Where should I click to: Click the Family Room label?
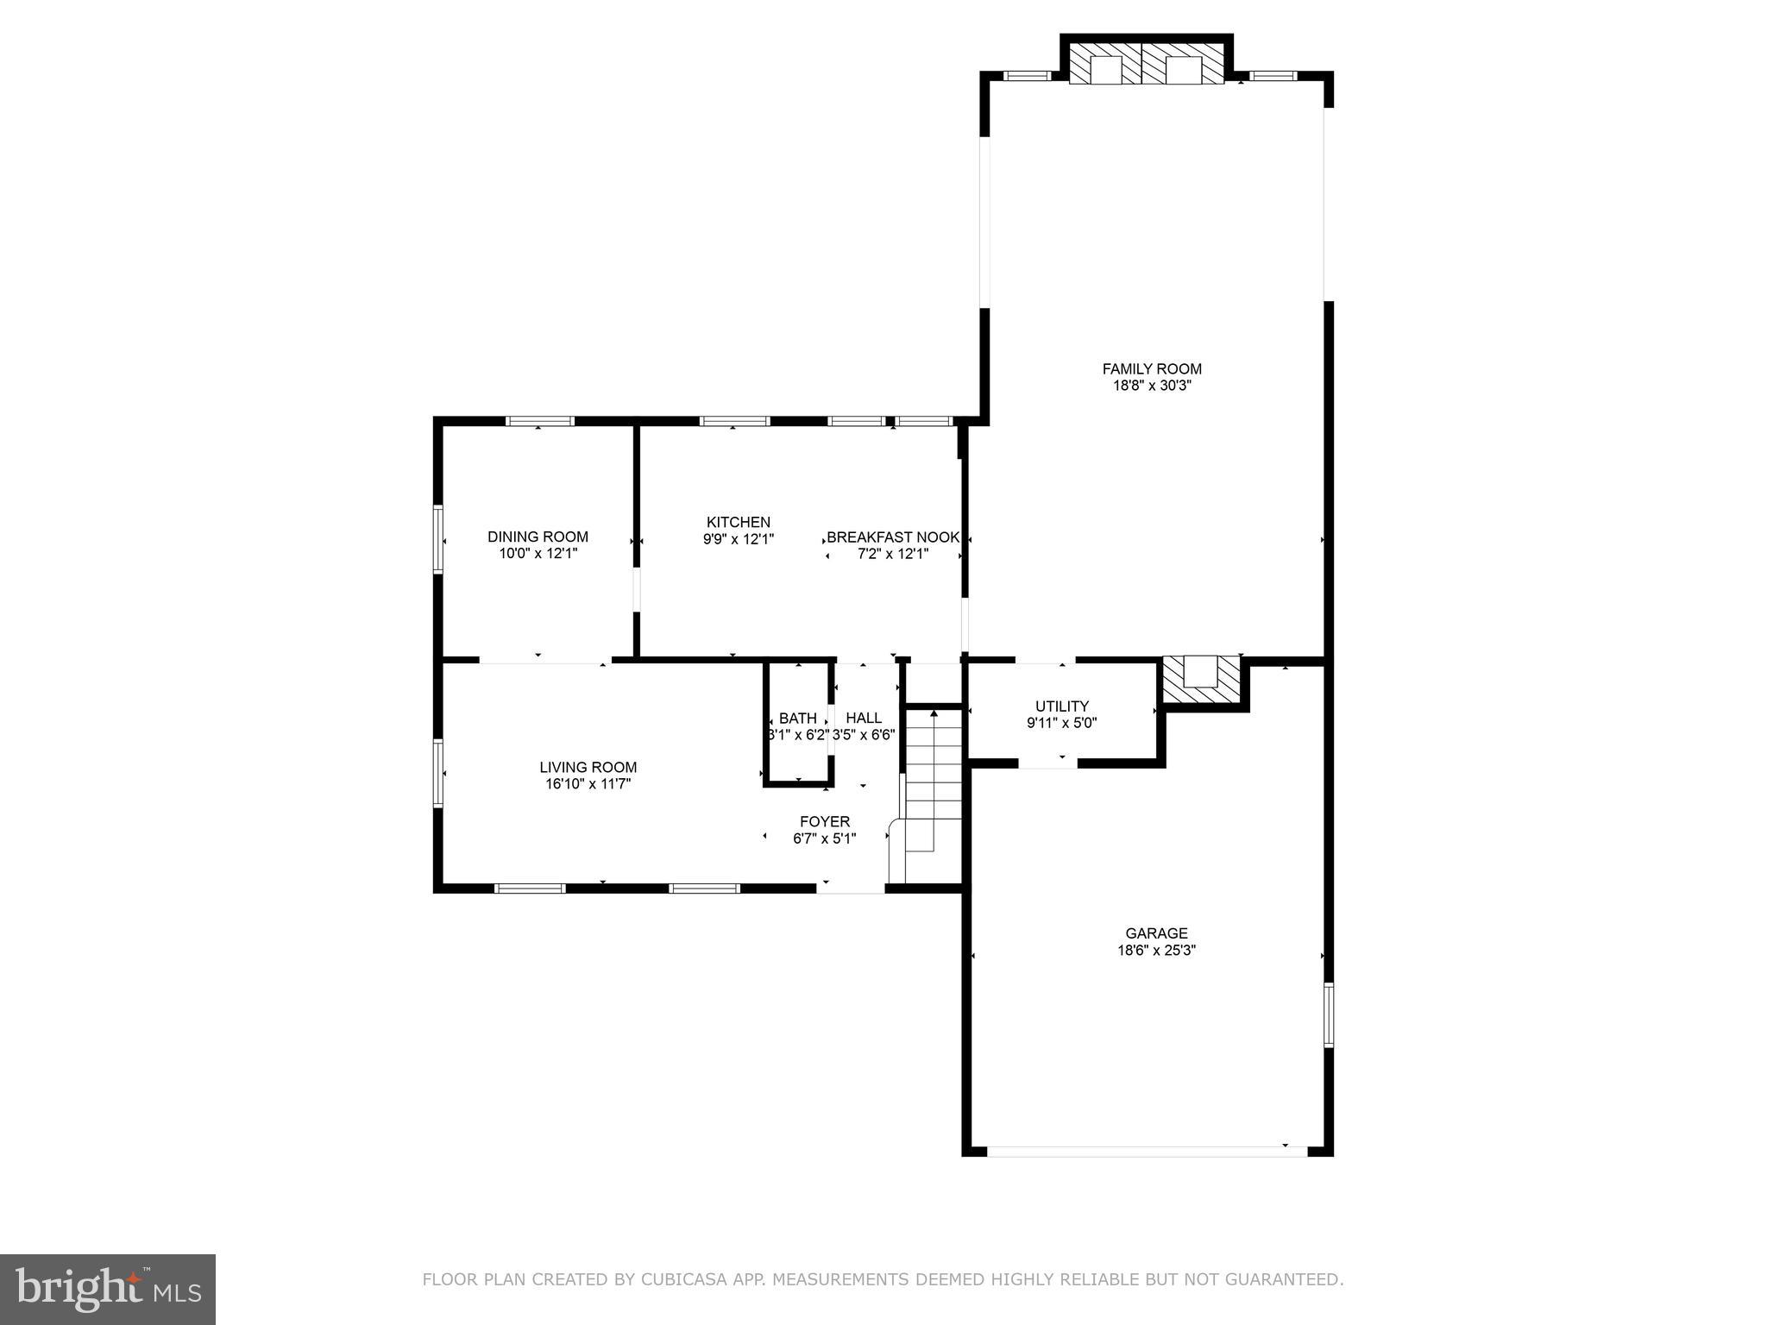pyautogui.click(x=1152, y=368)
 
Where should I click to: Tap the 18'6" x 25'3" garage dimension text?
pyautogui.click(x=1156, y=951)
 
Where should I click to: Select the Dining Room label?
pyautogui.click(x=538, y=537)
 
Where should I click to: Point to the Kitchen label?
pyautogui.click(x=738, y=522)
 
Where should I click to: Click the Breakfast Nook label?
pyautogui.click(x=893, y=537)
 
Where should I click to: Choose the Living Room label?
pyautogui.click(x=588, y=767)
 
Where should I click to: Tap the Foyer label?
pyautogui.click(x=824, y=821)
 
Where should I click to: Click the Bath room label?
pyautogui.click(x=797, y=718)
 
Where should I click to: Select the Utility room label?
pyautogui.click(x=1061, y=706)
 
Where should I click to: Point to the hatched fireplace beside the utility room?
pyautogui.click(x=1202, y=681)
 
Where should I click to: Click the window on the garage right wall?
pyautogui.click(x=1329, y=1014)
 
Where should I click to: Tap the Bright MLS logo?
pyautogui.click(x=108, y=1289)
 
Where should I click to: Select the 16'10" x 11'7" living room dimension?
pyautogui.click(x=588, y=784)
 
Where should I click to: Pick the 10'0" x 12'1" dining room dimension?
pyautogui.click(x=538, y=554)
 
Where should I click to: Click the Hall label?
pyautogui.click(x=864, y=718)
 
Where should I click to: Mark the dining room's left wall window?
pyautogui.click(x=437, y=539)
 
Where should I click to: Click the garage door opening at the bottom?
pyautogui.click(x=1148, y=1151)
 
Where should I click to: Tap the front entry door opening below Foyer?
pyautogui.click(x=851, y=888)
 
